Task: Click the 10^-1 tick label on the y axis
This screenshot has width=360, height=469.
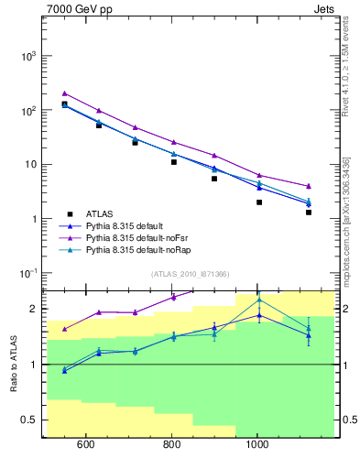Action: click(x=27, y=274)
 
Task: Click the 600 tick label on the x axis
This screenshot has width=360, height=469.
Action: click(x=86, y=446)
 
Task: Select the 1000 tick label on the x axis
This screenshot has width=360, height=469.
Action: click(x=257, y=446)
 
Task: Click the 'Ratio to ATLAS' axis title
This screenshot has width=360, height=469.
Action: click(x=14, y=364)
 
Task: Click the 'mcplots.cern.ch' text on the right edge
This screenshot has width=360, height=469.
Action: click(x=346, y=247)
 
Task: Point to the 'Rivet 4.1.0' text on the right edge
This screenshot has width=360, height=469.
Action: click(x=346, y=64)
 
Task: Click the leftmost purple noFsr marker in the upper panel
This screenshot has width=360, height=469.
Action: click(x=64, y=93)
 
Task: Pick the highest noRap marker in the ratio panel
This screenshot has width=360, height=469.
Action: click(x=259, y=300)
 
